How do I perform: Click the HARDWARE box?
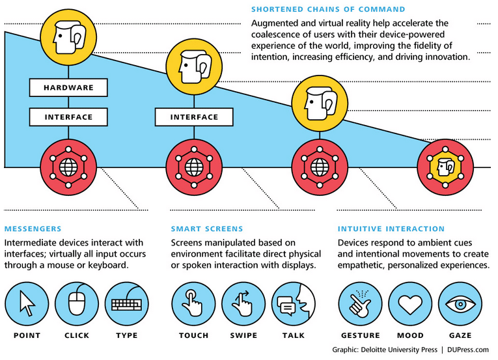68,87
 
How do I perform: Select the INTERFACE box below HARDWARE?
68,117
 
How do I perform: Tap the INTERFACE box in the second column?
194,117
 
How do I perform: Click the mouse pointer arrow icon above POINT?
27,304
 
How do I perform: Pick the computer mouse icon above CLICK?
77,304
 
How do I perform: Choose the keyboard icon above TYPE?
127,304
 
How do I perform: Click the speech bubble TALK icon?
294,304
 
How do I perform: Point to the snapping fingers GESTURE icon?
360,304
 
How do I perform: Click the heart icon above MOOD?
410,304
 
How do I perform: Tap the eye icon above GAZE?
460,304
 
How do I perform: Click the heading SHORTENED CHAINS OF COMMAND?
328,9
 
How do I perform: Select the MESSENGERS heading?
33,228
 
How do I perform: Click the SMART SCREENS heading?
207,228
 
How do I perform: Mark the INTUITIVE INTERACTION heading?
391,228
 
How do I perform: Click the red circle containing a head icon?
445,167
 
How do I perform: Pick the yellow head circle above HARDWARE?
68,37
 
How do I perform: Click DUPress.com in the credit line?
468,350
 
